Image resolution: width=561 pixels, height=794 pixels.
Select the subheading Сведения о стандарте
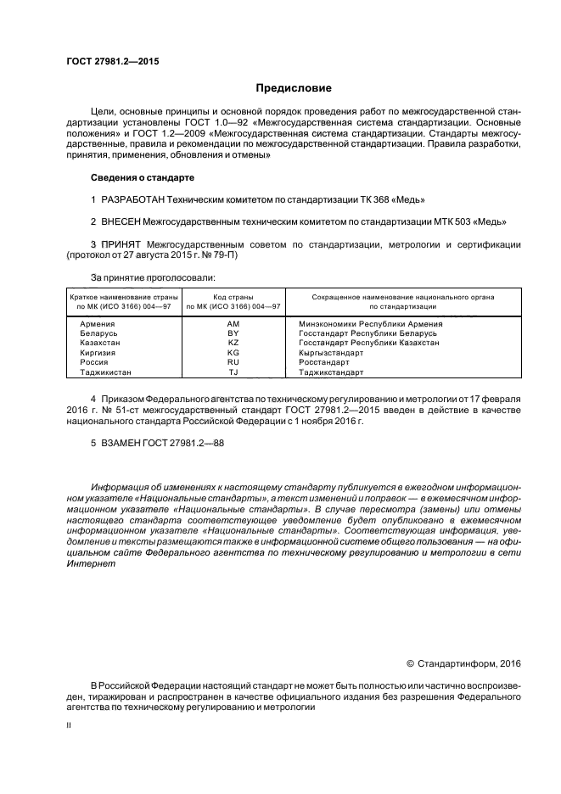pos(142,178)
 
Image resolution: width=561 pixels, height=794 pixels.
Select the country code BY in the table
pos(233,333)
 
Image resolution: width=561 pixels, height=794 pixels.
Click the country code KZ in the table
pos(233,343)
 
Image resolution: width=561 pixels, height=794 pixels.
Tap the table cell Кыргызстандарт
pos(331,352)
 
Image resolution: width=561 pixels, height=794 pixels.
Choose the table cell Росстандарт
pos(324,362)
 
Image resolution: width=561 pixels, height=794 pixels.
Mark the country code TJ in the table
pos(233,372)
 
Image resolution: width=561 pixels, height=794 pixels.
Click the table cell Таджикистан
pos(106,372)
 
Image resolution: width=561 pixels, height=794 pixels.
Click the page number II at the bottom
pos(70,727)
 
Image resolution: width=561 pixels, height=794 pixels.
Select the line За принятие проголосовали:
pos(153,277)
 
